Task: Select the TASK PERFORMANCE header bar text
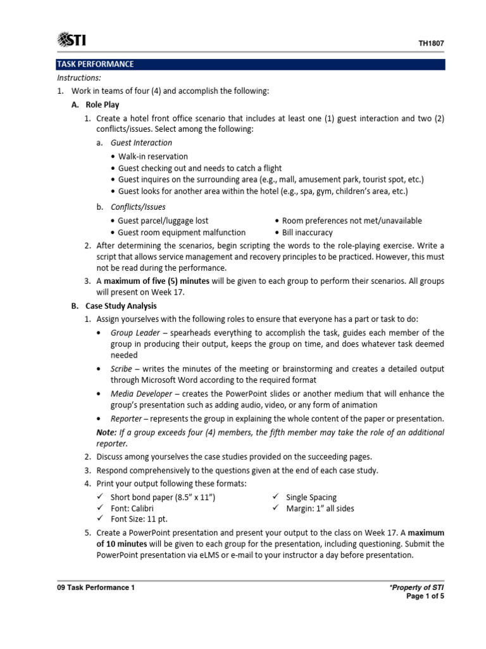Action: coord(96,64)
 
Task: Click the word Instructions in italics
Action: coord(79,77)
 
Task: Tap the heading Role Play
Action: coord(102,105)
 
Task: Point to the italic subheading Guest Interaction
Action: coord(141,143)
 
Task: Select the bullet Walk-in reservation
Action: coord(153,156)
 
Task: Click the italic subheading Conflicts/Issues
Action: coord(138,207)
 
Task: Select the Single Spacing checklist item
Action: coord(311,498)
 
